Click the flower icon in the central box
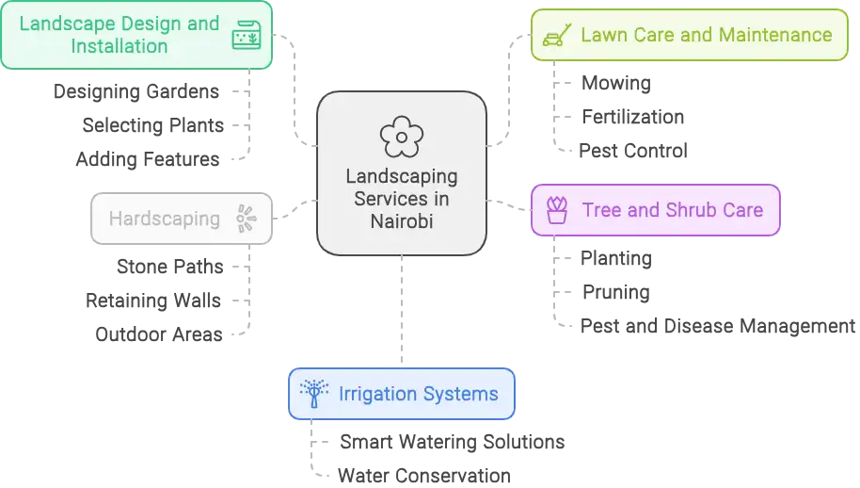(x=402, y=138)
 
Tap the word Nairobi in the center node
(x=402, y=220)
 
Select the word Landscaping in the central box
(x=402, y=176)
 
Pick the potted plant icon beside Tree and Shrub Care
(x=557, y=209)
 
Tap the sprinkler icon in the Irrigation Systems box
(x=313, y=393)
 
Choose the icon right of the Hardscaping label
(x=247, y=219)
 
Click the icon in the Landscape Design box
(x=247, y=36)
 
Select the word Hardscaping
(x=164, y=219)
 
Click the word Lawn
(x=602, y=36)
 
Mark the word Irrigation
(x=379, y=394)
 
